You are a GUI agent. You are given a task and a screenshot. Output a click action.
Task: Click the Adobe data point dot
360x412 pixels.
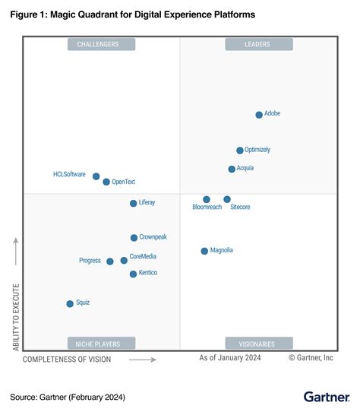coord(259,115)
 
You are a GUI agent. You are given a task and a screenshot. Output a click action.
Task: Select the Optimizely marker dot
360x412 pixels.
coord(240,151)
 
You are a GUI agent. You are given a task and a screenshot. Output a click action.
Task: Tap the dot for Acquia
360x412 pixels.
coord(232,169)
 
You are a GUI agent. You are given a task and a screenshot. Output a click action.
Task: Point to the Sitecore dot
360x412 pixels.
coord(227,199)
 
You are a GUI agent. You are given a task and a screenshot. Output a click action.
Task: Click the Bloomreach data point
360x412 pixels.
coord(207,199)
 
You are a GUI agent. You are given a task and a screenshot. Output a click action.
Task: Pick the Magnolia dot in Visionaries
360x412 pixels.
coord(204,251)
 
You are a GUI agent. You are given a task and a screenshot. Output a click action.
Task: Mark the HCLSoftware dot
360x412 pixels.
coord(96,176)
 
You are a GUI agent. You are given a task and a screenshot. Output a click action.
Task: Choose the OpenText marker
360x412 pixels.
coord(106,182)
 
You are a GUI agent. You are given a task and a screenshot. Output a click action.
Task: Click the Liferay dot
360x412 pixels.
coord(133,203)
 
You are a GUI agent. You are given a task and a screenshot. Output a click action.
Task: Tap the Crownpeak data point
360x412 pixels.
coord(134,238)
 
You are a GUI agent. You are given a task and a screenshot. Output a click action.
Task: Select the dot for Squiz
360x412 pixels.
coord(70,303)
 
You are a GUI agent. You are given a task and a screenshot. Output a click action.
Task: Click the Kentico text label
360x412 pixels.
coord(148,273)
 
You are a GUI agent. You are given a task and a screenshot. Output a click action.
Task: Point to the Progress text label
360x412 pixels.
coord(90,261)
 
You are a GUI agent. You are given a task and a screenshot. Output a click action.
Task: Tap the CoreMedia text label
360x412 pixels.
coord(143,257)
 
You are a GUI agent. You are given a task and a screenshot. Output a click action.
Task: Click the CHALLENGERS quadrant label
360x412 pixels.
coord(100,44)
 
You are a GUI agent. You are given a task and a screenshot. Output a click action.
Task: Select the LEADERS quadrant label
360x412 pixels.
coord(258,44)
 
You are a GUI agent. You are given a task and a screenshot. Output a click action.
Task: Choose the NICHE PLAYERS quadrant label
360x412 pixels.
coord(100,343)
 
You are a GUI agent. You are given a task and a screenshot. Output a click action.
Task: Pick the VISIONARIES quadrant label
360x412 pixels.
coord(258,343)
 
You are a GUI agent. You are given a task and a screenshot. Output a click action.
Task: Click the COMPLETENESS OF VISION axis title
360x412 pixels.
coord(67,359)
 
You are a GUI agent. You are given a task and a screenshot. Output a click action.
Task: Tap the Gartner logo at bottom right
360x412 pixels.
coord(326,396)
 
